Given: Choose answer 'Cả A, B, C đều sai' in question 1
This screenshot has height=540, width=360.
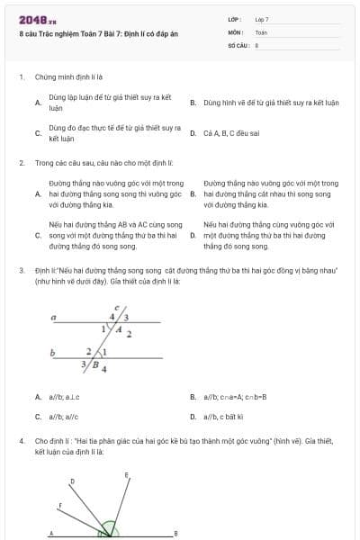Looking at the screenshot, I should coord(231,133).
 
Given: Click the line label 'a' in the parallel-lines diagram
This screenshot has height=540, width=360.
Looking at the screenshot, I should coord(55,318).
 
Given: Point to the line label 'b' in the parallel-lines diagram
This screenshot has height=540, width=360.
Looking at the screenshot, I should coord(55,352).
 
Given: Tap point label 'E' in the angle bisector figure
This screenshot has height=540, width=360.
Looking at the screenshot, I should coord(127,473).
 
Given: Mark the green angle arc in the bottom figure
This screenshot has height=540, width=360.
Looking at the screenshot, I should coord(109,529).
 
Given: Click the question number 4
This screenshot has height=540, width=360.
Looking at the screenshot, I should coord(22,442).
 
